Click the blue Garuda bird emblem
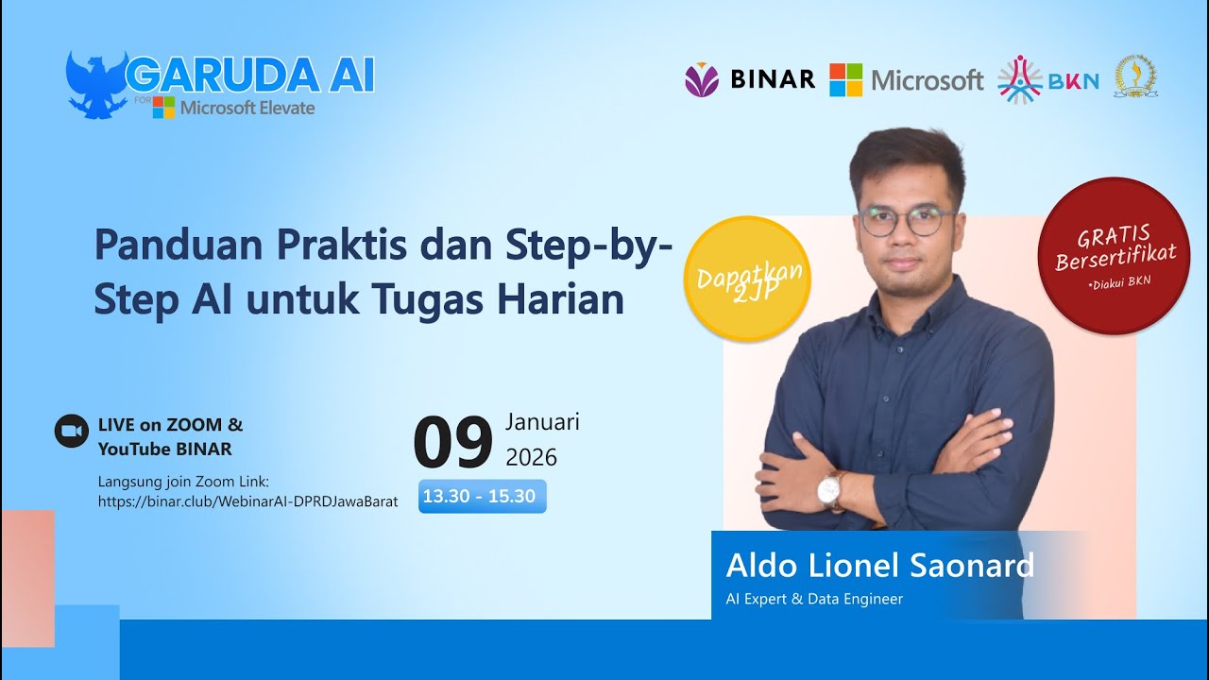pos(95,84)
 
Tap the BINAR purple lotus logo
pos(702,80)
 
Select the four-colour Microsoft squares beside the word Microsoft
pos(845,80)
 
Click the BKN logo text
pos(1074,81)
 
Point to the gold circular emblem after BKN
pos(1135,77)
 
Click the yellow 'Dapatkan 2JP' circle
pos(747,278)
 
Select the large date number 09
pos(453,443)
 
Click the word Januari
pos(542,421)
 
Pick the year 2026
pos(532,458)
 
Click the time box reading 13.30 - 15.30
pos(479,496)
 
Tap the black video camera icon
pos(71,431)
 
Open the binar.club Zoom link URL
pos(247,501)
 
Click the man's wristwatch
pos(830,489)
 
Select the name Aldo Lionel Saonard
pos(879,566)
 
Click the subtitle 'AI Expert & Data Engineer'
pos(814,599)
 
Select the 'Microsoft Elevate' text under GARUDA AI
pos(247,108)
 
